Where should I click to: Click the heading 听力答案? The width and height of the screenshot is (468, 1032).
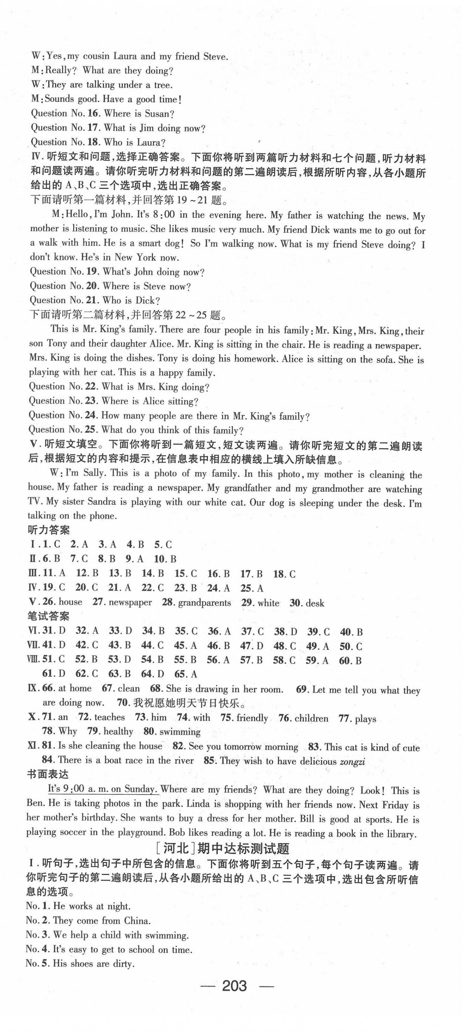coord(49,530)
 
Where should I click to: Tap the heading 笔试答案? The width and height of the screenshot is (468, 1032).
coord(48,617)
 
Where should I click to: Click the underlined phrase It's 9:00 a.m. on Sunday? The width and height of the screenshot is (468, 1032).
coord(103,790)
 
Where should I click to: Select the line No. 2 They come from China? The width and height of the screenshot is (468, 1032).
coord(88,921)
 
